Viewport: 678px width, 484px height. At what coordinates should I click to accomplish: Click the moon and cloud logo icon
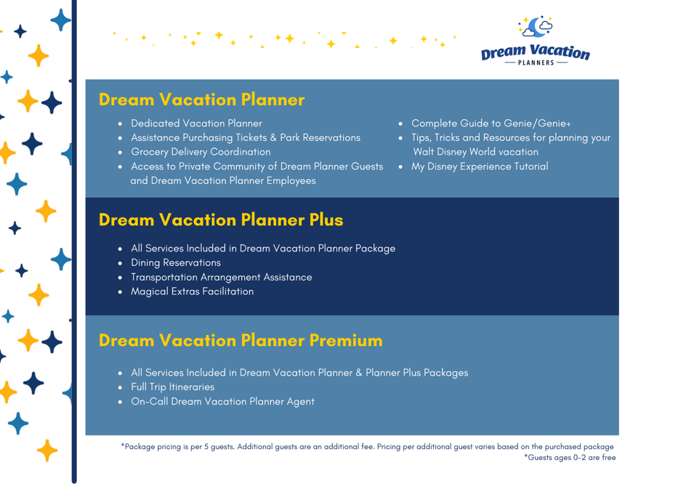(536, 27)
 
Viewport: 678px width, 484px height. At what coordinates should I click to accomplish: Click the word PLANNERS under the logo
(536, 62)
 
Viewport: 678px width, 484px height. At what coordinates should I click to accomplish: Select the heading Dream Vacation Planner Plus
(221, 219)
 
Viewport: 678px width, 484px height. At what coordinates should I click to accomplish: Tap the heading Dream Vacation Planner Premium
(241, 340)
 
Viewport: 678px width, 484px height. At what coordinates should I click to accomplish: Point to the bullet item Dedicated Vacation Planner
(196, 124)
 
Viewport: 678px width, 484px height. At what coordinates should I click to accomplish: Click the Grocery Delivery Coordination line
(201, 152)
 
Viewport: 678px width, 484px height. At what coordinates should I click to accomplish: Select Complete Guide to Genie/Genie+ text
(491, 124)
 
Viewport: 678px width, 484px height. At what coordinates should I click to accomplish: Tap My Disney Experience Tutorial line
(480, 166)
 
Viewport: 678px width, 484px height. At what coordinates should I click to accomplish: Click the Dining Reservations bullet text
(176, 262)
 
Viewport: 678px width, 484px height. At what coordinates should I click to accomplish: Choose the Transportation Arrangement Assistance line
(222, 278)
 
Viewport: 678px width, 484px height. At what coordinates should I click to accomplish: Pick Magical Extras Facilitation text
(192, 291)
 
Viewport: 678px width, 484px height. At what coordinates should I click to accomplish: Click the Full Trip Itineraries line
(172, 387)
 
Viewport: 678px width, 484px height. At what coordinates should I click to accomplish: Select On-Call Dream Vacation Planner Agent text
(222, 401)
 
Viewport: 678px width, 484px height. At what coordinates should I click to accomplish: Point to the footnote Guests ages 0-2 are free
(570, 457)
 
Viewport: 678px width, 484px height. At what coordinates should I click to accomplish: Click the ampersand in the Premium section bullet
(359, 373)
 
